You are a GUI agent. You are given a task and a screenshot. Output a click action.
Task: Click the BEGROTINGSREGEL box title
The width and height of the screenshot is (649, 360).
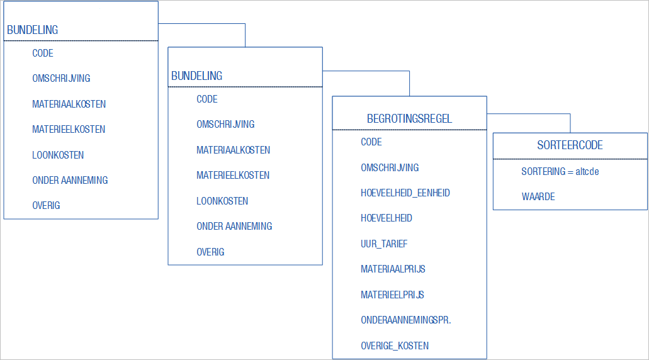pyautogui.click(x=409, y=119)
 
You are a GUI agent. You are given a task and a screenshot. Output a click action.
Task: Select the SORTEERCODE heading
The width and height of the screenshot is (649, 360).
pyautogui.click(x=570, y=145)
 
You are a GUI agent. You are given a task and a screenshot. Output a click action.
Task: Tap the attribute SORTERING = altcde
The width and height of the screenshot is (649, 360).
pyautogui.click(x=560, y=171)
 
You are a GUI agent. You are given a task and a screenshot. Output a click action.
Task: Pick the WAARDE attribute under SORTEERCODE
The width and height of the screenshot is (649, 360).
pyautogui.click(x=538, y=196)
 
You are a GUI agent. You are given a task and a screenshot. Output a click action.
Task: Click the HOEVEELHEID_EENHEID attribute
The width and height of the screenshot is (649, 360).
pyautogui.click(x=405, y=193)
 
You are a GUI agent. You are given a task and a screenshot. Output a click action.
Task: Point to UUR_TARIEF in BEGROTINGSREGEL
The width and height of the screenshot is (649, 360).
pyautogui.click(x=384, y=244)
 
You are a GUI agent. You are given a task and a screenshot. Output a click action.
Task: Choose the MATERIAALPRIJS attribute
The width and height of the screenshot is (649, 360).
pyautogui.click(x=393, y=269)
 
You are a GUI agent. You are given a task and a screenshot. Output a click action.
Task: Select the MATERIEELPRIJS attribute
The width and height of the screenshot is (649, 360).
pyautogui.click(x=392, y=295)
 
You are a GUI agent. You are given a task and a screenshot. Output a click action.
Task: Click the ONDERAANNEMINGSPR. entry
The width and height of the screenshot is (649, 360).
pyautogui.click(x=405, y=320)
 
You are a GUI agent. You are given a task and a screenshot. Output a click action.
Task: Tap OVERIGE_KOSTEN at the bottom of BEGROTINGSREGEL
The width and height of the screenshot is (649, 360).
pyautogui.click(x=395, y=346)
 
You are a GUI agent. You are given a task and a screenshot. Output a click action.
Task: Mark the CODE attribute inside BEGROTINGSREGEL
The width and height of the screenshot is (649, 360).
pyautogui.click(x=371, y=142)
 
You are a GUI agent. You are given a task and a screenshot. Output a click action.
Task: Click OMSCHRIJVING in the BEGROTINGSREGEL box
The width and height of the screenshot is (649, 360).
pyautogui.click(x=390, y=167)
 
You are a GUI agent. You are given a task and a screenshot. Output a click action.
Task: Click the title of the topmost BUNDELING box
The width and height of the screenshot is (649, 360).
pyautogui.click(x=32, y=30)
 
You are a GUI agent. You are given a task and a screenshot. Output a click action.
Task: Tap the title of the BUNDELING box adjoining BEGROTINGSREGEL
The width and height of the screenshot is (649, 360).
pyautogui.click(x=196, y=76)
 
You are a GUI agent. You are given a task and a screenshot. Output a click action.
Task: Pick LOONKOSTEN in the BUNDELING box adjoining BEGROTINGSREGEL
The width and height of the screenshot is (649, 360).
pyautogui.click(x=222, y=201)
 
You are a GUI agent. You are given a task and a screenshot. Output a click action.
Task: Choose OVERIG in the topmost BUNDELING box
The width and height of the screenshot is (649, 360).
pyautogui.click(x=46, y=205)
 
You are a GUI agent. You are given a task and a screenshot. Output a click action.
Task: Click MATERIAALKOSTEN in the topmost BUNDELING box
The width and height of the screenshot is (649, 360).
pyautogui.click(x=69, y=104)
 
